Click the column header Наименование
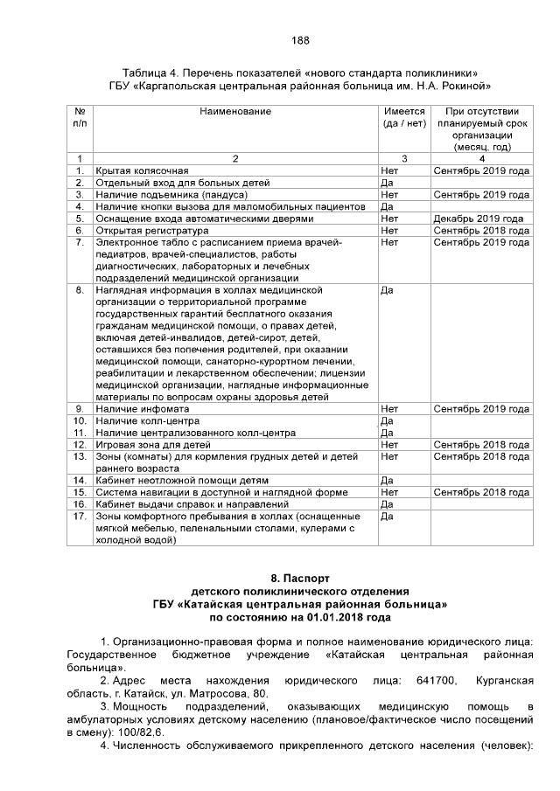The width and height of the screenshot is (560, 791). [234, 111]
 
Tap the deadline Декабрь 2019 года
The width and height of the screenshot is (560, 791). [478, 219]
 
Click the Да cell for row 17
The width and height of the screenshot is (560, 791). [388, 517]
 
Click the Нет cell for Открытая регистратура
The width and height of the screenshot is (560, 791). [389, 230]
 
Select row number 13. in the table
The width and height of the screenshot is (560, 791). [80, 456]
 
